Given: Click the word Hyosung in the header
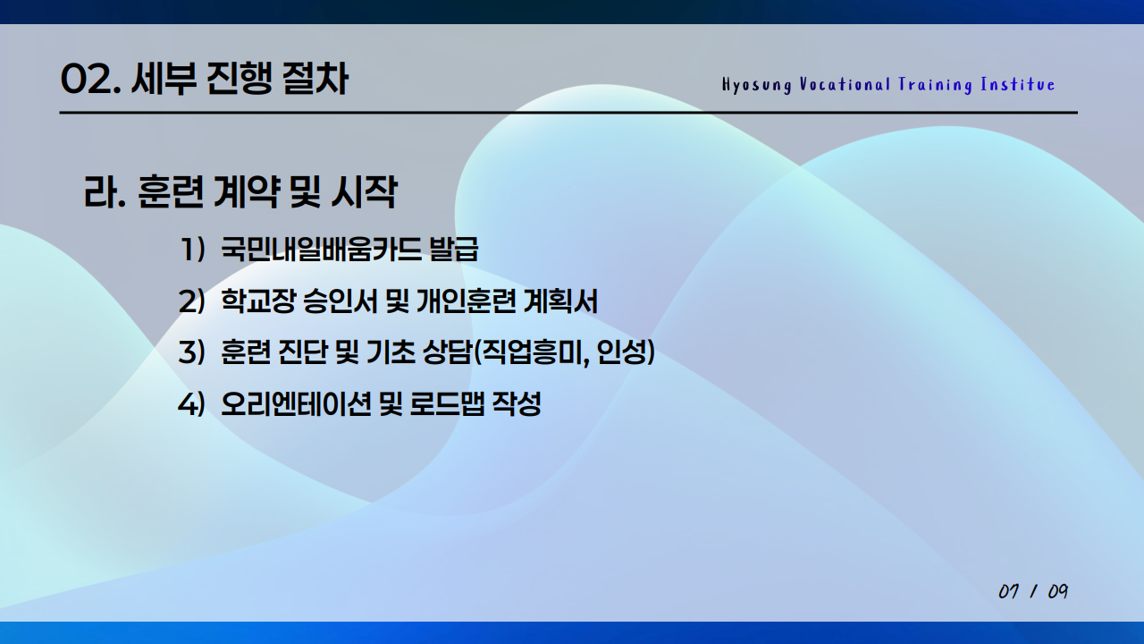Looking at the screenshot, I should pos(756,85).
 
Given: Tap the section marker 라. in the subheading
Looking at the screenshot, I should pos(104,193).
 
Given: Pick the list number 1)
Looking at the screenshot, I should pos(192,250).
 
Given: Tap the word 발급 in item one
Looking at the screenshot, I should pos(454,250).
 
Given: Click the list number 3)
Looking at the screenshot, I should pos(192,353).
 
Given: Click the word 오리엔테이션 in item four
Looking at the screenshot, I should pos(296,404).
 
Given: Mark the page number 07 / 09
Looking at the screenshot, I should pos(1033,592).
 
